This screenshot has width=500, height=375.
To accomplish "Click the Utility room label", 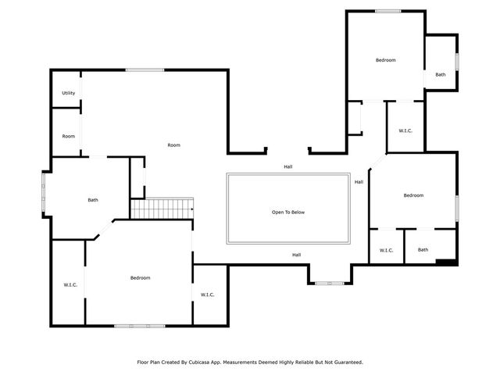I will (x=69, y=93).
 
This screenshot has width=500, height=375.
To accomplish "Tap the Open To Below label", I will (x=287, y=212).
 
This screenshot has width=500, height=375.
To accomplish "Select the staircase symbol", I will (x=162, y=209).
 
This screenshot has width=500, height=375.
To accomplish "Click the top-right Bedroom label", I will (x=385, y=60).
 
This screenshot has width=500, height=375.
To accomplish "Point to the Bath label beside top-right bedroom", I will (x=441, y=74).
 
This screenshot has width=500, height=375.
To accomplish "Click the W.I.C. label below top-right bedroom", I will (x=405, y=130).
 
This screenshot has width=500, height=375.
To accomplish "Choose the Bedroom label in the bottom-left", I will (x=140, y=278).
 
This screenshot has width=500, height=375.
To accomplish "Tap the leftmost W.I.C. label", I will (x=70, y=284).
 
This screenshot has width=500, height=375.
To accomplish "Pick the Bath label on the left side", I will (x=93, y=201).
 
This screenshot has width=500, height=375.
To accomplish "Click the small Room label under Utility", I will (x=69, y=137).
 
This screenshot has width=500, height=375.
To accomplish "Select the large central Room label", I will (x=173, y=145).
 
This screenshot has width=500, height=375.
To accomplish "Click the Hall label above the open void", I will (x=288, y=166).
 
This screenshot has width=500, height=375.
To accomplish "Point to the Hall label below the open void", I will (x=297, y=255).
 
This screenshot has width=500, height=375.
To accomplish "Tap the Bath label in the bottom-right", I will (x=423, y=250).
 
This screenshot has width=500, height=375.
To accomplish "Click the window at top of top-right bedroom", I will (x=387, y=11).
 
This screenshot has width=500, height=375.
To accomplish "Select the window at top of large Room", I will (x=145, y=70).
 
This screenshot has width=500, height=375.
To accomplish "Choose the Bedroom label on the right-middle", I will (x=413, y=195).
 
